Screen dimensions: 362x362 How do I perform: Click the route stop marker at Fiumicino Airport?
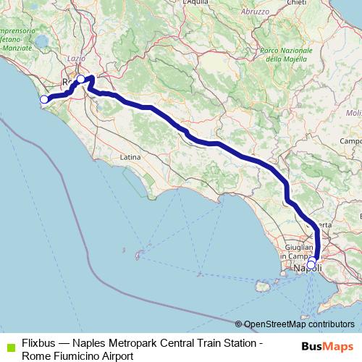click(x=44, y=99)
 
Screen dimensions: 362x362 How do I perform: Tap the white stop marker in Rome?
click(x=81, y=80)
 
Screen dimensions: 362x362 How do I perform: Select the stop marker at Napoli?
click(x=311, y=265)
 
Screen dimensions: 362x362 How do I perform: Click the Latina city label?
click(x=130, y=156)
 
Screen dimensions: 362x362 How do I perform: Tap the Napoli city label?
click(x=308, y=269)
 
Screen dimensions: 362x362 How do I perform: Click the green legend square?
click(x=9, y=347)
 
